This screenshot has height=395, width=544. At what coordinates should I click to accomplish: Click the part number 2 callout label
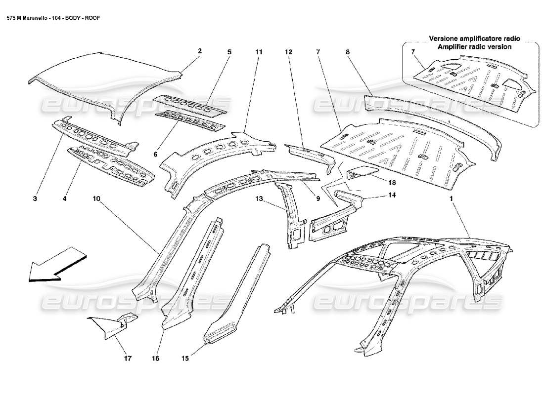[200, 51]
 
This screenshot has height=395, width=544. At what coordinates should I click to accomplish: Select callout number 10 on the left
[96, 199]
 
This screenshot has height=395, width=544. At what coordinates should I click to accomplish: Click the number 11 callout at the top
[259, 51]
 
